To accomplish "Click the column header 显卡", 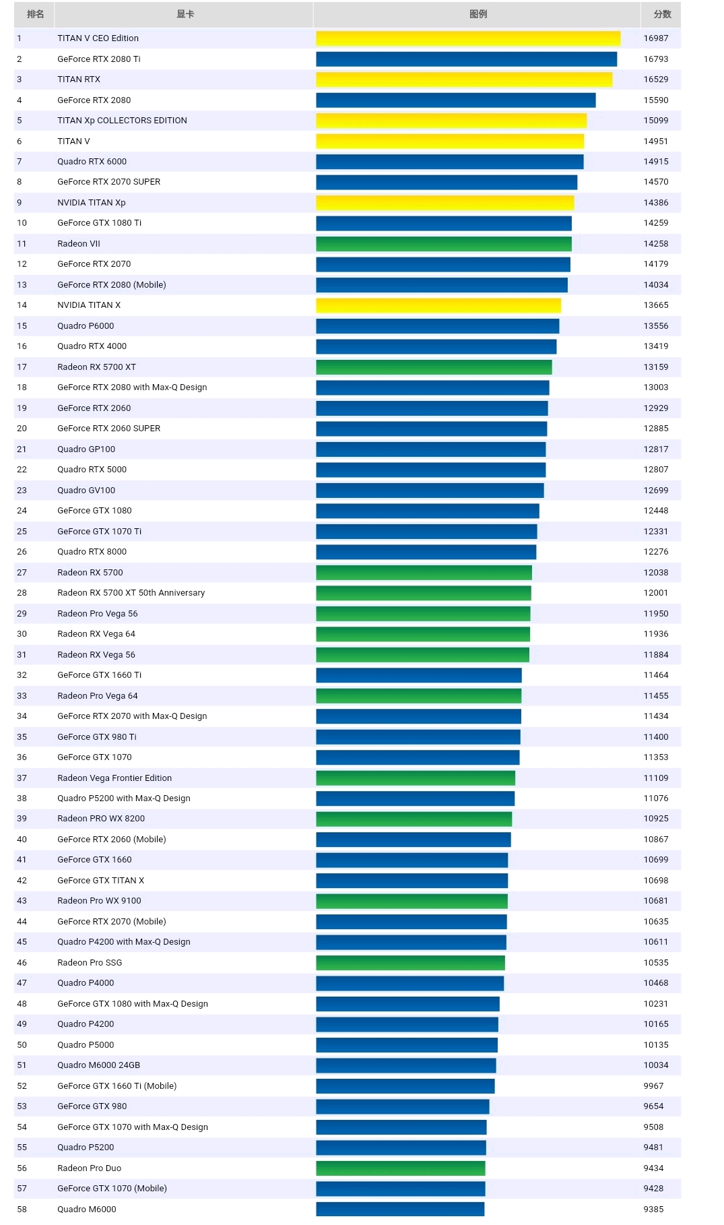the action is pyautogui.click(x=185, y=14).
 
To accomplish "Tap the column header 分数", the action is pyautogui.click(x=662, y=14).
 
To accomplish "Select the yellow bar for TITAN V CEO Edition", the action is pyautogui.click(x=468, y=38).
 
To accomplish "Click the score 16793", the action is pyautogui.click(x=656, y=59).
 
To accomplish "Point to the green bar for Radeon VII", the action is pyautogui.click(x=444, y=244).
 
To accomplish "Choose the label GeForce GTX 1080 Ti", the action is pyautogui.click(x=100, y=223).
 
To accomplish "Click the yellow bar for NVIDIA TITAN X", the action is pyautogui.click(x=438, y=305).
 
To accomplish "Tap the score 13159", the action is pyautogui.click(x=656, y=367).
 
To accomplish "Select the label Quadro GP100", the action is pyautogui.click(x=86, y=449).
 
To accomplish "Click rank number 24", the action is pyautogui.click(x=22, y=511).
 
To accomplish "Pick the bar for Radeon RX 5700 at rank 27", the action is pyautogui.click(x=424, y=573).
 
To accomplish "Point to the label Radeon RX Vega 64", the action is pyautogui.click(x=96, y=634).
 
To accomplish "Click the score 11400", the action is pyautogui.click(x=656, y=737).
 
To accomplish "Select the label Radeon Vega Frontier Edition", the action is pyautogui.click(x=114, y=778).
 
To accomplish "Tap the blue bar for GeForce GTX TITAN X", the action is pyautogui.click(x=412, y=881).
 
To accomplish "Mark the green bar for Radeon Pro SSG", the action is pyautogui.click(x=411, y=963).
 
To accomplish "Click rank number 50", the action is pyautogui.click(x=22, y=1045).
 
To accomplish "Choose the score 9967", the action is pyautogui.click(x=653, y=1086).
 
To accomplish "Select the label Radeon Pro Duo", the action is pyautogui.click(x=90, y=1168).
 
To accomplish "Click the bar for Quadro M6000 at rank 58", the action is pyautogui.click(x=400, y=1210).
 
